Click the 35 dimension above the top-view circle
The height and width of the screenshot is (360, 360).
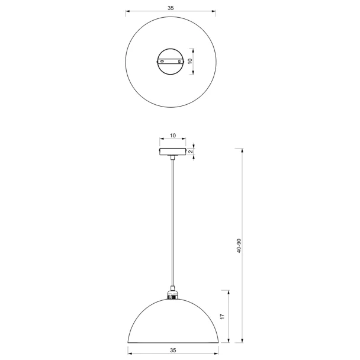[x=171, y=8]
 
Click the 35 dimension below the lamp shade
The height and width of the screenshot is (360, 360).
[x=173, y=351]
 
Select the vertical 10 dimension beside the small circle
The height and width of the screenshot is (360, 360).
[x=190, y=61]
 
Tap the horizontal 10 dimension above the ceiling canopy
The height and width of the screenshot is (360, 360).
[x=173, y=136]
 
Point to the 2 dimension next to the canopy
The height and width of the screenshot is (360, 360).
[x=191, y=152]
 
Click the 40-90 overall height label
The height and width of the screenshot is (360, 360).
[x=239, y=246]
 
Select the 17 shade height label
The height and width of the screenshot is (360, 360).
[x=222, y=316]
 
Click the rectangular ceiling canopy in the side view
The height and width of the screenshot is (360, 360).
[x=173, y=152]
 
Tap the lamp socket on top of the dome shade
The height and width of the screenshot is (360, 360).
[x=173, y=295]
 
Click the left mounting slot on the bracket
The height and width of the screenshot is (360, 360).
[x=162, y=62]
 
